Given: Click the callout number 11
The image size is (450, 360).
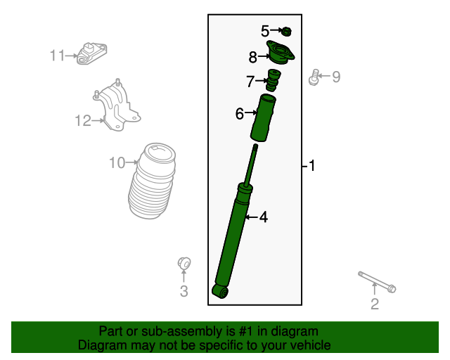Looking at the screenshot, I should tap(57, 55).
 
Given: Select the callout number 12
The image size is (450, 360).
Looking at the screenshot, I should tap(83, 121).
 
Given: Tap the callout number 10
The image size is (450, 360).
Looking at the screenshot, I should tap(117, 163).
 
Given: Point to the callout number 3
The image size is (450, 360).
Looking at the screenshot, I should tap(184, 291).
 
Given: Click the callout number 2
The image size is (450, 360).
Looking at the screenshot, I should tap(375, 304).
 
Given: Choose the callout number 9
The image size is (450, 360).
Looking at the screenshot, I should tap(336, 77).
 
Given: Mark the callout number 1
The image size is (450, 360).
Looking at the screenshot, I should tap(311, 166).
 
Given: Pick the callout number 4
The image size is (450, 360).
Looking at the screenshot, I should tap(263, 217).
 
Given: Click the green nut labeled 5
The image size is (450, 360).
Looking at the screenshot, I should tap(287, 31).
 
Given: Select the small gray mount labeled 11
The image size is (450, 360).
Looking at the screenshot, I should tap(93, 53).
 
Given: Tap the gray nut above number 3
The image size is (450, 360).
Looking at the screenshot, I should tap(184, 263).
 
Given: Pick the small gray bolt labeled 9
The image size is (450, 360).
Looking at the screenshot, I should tap(314, 77).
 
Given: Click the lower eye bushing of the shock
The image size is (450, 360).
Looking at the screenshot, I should tap(221, 290).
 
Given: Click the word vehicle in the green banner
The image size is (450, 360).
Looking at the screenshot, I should tap(308, 345).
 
